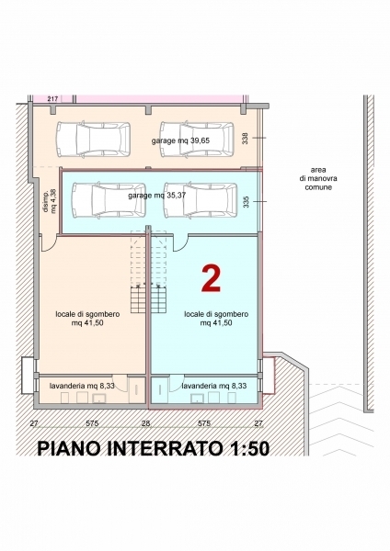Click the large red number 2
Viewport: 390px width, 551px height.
212,278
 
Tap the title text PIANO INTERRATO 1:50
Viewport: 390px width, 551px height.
154,449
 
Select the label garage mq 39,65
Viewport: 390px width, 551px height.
180,141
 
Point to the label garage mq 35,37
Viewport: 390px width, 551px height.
156,196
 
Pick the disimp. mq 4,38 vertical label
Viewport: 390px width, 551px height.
49,201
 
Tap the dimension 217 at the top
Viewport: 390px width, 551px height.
52,99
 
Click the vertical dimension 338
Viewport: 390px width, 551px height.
246,138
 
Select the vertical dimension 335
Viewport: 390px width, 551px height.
246,202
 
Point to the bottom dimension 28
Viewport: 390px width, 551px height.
145,423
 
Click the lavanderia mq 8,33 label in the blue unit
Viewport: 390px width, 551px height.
214,386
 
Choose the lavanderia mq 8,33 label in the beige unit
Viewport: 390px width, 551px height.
82,386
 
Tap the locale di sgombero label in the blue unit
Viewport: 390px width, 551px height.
216,319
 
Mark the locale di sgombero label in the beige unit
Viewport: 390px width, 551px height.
87,319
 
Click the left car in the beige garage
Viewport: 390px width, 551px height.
93,140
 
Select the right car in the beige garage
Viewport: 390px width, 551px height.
197,140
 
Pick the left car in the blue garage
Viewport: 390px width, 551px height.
109,200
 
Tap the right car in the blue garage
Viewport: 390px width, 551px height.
201,200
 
